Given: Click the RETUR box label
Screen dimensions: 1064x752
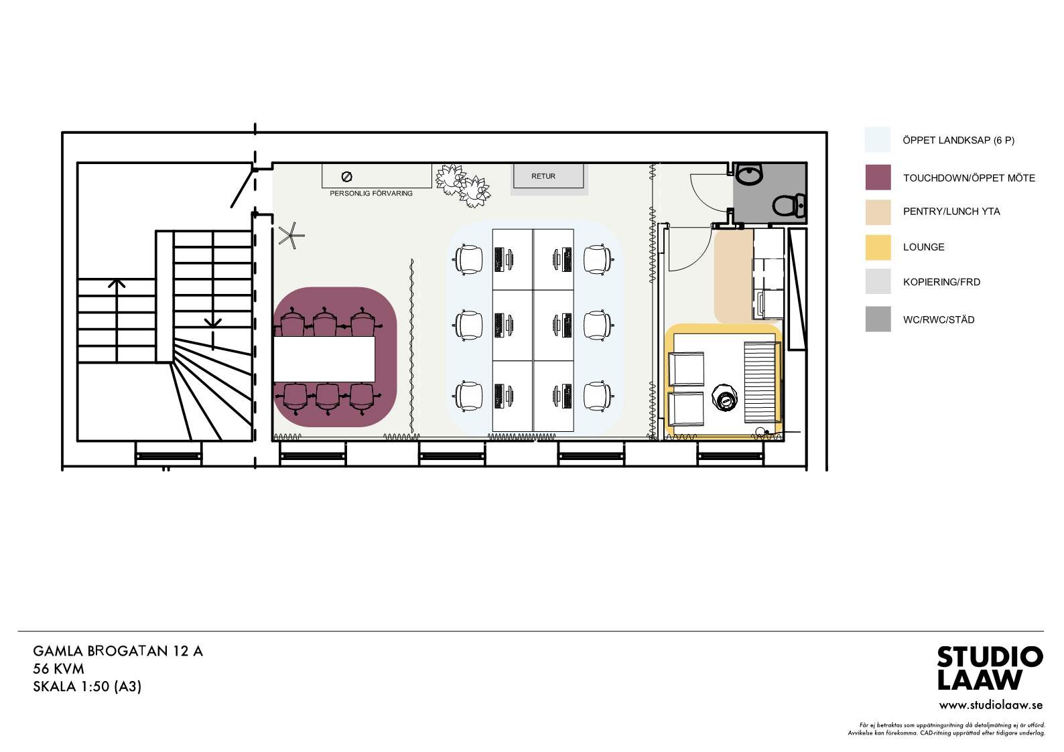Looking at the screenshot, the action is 543,176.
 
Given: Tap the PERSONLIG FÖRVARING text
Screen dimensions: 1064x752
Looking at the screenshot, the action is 371,194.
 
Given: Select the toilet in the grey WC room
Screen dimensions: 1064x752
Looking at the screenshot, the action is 789,206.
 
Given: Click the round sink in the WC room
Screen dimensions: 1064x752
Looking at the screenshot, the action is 749,174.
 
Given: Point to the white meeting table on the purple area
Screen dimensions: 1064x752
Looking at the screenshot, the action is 324,359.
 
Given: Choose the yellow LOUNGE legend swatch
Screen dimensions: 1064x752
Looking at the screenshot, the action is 878,247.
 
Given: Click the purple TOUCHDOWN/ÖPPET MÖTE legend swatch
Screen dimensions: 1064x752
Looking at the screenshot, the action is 878,177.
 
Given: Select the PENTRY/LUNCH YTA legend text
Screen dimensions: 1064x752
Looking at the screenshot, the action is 951,212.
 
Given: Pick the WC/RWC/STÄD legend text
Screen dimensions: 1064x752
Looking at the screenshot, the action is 939,320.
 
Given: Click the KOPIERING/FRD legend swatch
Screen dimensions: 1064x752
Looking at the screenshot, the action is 878,281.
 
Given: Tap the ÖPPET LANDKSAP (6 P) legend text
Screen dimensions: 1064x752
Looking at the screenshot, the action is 959,141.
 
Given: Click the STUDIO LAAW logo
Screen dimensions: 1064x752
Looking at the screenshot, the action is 990,668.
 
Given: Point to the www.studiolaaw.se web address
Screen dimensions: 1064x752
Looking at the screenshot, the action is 991,706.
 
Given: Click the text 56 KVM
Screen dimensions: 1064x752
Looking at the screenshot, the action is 58,669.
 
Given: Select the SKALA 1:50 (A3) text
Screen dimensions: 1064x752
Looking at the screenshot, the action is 87,686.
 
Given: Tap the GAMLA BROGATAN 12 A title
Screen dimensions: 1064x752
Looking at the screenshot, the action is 118,651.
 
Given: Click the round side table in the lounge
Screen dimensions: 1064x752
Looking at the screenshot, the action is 724,398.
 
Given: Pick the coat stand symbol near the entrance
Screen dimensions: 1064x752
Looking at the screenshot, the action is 291,236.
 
